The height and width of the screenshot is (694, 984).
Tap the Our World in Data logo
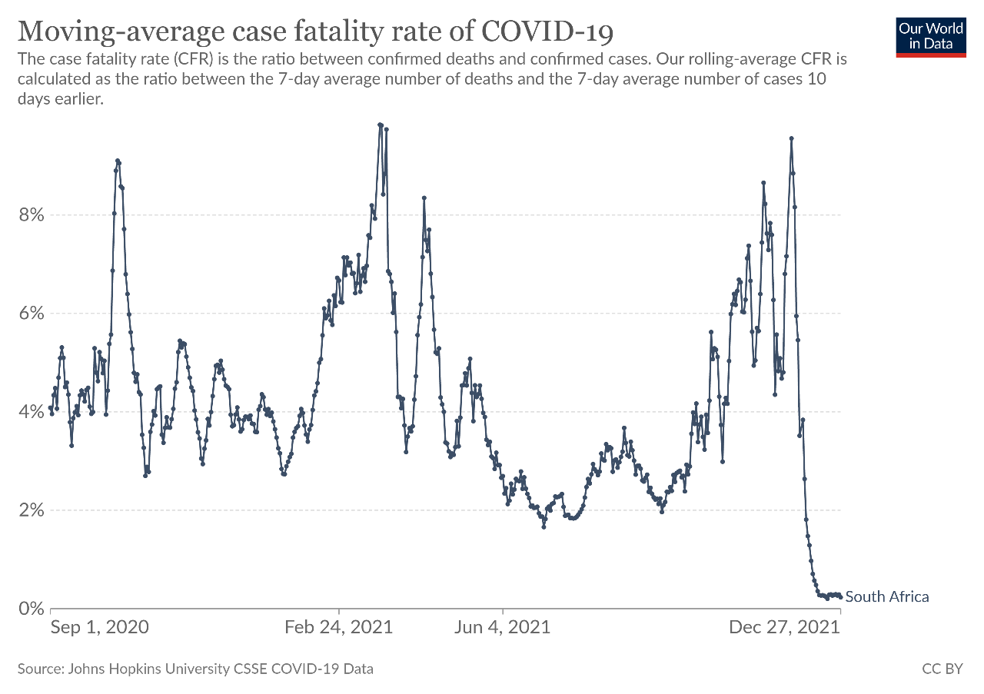click(931, 35)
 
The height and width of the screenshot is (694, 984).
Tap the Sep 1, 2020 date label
click(100, 627)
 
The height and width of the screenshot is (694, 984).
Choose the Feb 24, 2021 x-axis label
click(338, 627)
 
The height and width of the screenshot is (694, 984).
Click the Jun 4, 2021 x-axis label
click(502, 627)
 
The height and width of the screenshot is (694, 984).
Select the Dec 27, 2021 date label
click(784, 627)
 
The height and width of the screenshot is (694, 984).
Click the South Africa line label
click(887, 596)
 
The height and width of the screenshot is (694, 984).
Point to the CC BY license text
click(942, 669)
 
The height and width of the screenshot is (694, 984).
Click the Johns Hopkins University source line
click(195, 669)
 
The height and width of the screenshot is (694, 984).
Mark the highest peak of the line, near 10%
click(380, 125)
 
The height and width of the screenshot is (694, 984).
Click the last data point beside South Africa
click(840, 597)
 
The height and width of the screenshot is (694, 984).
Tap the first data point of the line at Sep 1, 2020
click(51, 408)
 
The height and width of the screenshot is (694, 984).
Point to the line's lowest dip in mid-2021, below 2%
click(544, 527)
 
